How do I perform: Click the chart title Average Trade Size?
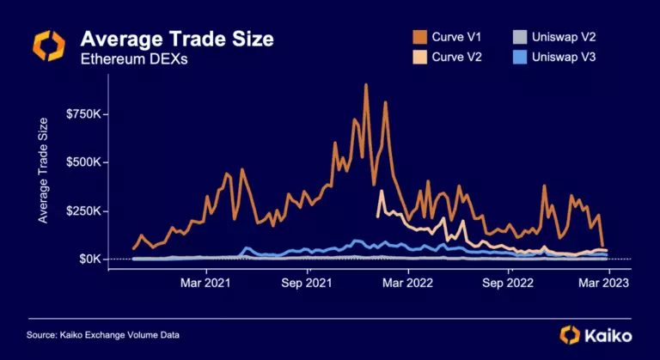coord(177,39)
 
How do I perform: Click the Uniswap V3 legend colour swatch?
coord(520,58)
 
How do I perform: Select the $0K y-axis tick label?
coord(90,259)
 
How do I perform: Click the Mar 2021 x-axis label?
coord(205,281)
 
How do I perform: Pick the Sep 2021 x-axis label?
coord(307,281)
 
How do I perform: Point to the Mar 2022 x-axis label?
coord(407,281)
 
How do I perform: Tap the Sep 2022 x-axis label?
coord(509,281)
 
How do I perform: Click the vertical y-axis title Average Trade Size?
coord(42,172)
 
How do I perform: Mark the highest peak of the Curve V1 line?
coord(366,85)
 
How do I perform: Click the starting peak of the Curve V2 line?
coord(381,192)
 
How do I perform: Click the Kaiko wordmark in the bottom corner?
coord(608,334)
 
